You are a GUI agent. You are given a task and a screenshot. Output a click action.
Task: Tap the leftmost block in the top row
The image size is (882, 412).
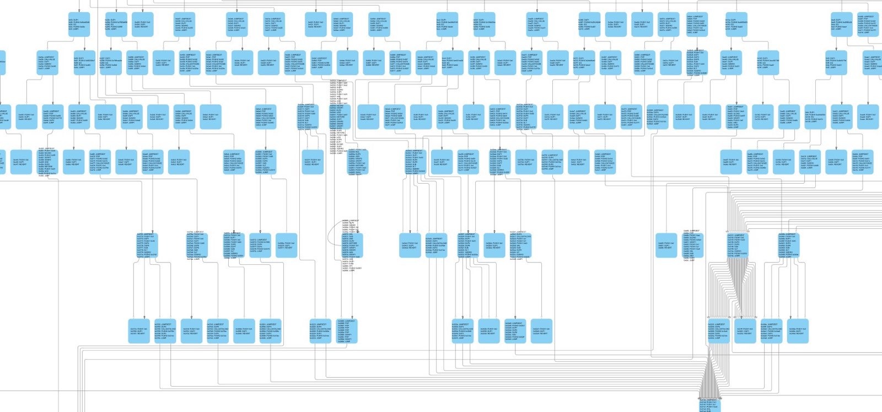pyautogui.click(x=79, y=25)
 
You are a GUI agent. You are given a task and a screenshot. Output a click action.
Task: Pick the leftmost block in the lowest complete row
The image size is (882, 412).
pyautogui.click(x=138, y=331)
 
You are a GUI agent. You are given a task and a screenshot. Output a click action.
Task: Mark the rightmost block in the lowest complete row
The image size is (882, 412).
pyautogui.click(x=798, y=331)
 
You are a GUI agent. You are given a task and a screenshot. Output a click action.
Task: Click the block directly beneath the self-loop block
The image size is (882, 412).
pyautogui.click(x=343, y=330)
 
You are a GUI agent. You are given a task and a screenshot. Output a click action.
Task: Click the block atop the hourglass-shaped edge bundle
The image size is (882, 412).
pyautogui.click(x=737, y=245)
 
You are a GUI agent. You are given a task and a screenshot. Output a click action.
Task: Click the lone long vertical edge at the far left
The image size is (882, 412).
pyautogui.click(x=58, y=287)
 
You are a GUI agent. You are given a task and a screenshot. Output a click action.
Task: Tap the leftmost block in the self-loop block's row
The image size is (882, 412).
pyautogui.click(x=147, y=245)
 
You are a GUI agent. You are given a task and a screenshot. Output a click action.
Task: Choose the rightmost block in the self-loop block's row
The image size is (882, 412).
pyautogui.click(x=788, y=245)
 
